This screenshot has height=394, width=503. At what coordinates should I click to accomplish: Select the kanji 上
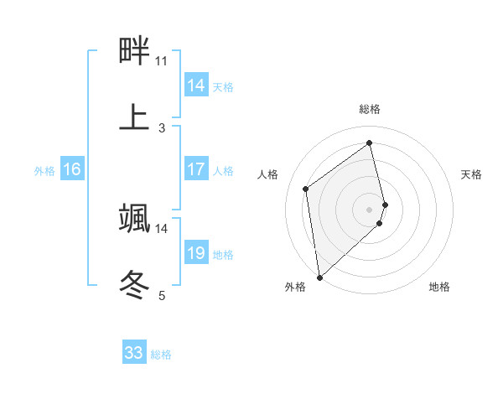pos(134,117)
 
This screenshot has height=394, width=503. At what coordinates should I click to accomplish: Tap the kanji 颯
pos(134,218)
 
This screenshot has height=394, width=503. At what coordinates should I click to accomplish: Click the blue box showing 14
pos(196,86)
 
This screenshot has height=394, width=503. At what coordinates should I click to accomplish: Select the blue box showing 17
pos(196,169)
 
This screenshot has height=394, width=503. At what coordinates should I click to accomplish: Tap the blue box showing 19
pos(196,253)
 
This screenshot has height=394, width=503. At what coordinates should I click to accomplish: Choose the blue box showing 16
pos(72,169)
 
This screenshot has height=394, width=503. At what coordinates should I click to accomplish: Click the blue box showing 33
pos(134,353)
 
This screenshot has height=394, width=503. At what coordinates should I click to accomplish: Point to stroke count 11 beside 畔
pos(161,61)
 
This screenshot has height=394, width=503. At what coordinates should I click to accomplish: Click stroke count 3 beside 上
pos(162,127)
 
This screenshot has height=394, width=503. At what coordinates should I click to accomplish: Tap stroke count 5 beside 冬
pos(162,295)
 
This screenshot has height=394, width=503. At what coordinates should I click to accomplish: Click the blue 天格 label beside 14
pos(223,86)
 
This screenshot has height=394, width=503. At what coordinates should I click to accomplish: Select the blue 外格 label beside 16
pos(44,170)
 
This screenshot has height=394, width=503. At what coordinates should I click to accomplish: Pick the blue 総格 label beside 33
pos(161,355)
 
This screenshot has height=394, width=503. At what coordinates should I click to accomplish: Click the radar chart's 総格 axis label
pos(370,109)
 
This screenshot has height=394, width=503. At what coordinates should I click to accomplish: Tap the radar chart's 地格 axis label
pos(439,287)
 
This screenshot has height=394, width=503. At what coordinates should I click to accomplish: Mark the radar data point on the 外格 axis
pos(319,277)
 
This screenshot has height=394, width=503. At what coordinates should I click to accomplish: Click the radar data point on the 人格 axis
pos(306,189)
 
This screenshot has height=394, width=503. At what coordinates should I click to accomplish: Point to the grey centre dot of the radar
pos(370,209)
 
